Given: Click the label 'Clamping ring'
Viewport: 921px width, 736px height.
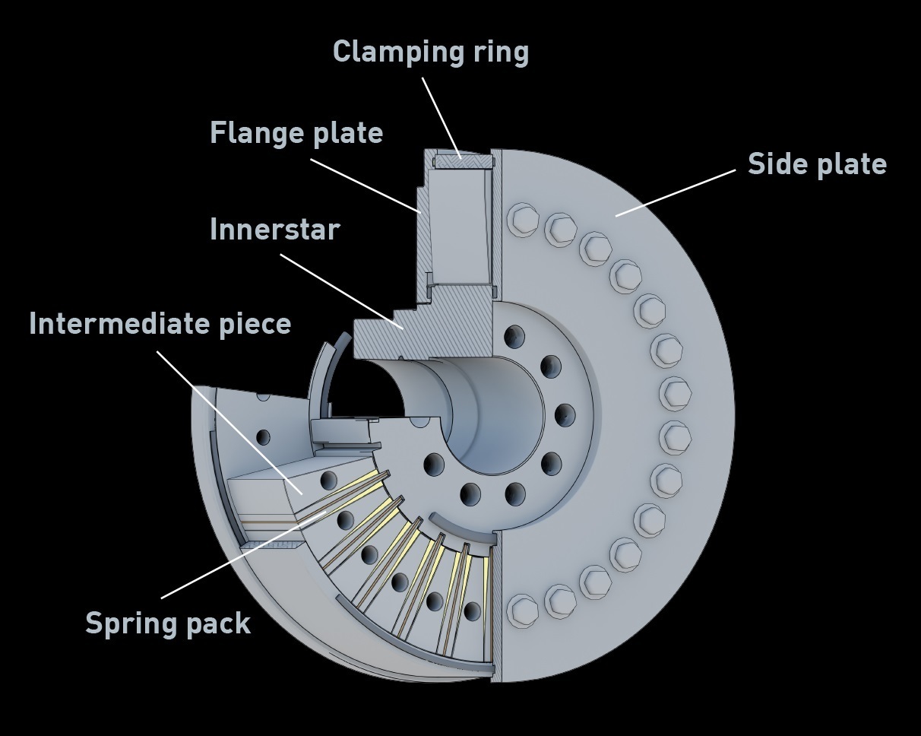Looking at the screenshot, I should tap(430, 52).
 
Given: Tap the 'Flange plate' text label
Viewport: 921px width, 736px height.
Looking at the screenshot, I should tap(296, 133).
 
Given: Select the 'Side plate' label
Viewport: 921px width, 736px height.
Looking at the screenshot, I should tap(817, 164).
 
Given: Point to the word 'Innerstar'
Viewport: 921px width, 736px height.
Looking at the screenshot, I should tap(274, 230).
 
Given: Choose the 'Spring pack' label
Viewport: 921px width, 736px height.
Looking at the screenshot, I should tap(167, 623).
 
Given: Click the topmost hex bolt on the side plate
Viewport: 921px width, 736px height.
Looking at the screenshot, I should tap(522, 220).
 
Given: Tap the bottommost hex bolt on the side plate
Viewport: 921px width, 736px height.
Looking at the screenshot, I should tap(522, 611).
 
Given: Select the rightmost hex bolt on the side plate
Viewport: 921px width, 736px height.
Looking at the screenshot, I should tap(675, 394).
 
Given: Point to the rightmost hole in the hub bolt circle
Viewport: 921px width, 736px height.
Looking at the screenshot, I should tap(565, 416).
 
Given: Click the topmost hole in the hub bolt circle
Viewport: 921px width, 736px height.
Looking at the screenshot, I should tap(514, 336).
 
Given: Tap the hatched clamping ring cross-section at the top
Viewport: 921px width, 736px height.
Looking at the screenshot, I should tap(463, 160).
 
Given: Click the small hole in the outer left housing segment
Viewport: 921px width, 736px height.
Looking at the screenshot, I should tap(263, 437).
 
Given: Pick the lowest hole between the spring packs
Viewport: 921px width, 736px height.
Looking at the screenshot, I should tap(473, 611).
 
